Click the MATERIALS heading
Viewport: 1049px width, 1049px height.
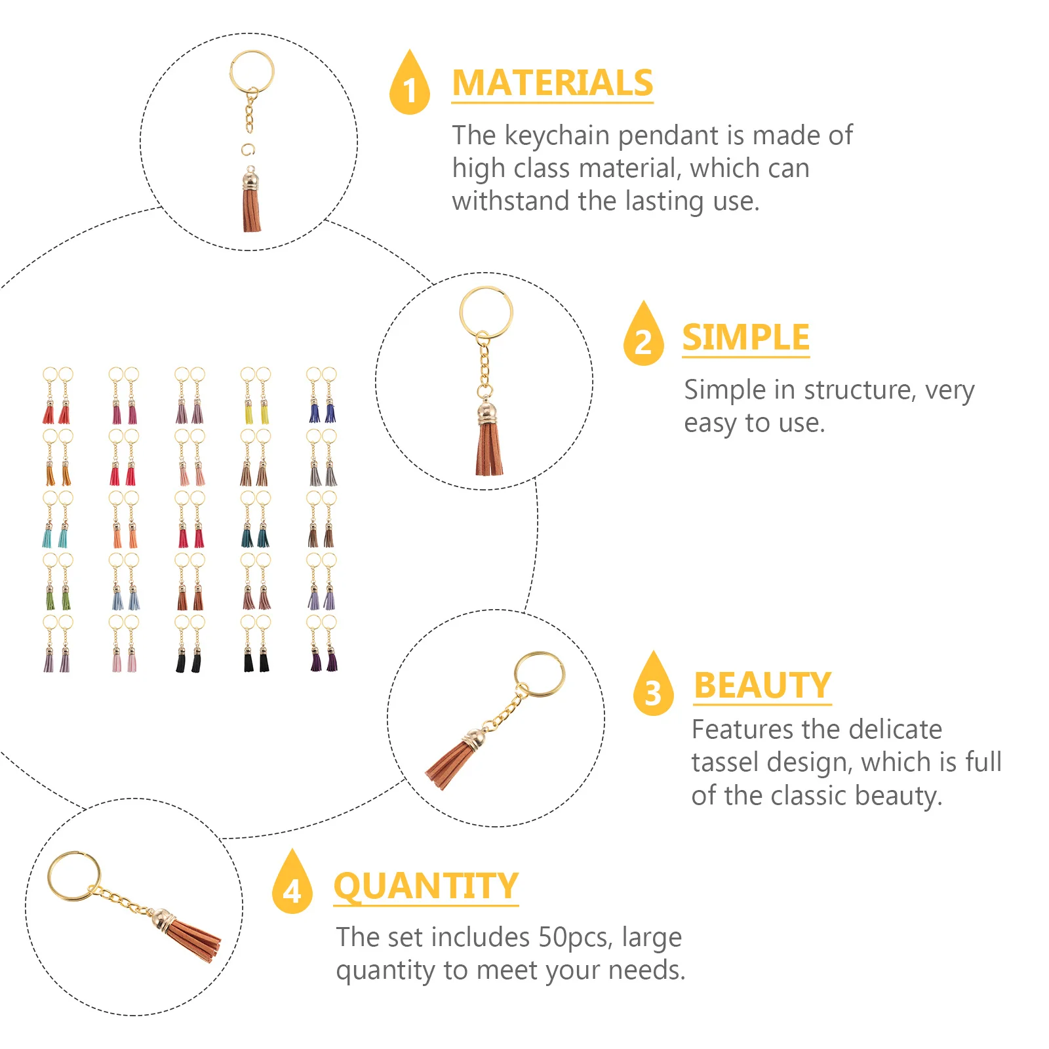(552, 83)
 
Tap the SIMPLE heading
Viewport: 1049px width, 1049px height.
(745, 338)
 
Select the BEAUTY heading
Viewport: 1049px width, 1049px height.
(762, 686)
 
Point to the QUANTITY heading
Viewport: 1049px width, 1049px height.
(426, 886)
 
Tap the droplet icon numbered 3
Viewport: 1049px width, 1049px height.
(653, 686)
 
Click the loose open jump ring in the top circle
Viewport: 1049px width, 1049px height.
(247, 149)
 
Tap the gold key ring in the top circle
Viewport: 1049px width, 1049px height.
(252, 71)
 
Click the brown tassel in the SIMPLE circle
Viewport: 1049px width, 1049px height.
(489, 449)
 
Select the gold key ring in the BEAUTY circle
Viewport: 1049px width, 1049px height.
(540, 674)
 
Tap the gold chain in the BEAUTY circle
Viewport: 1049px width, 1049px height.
(505, 711)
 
